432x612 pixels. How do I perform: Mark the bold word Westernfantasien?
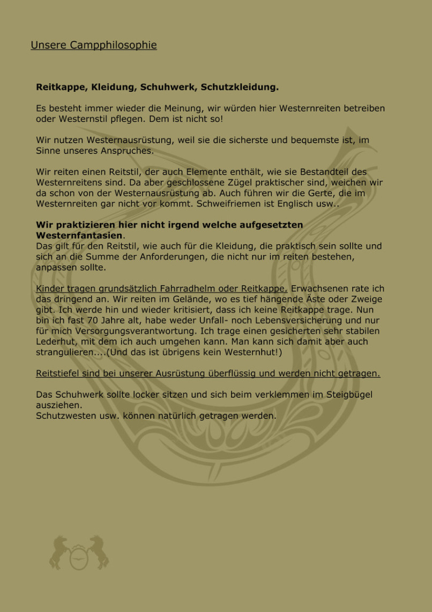(x=79, y=235)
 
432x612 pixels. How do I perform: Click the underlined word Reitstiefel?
(x=57, y=373)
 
